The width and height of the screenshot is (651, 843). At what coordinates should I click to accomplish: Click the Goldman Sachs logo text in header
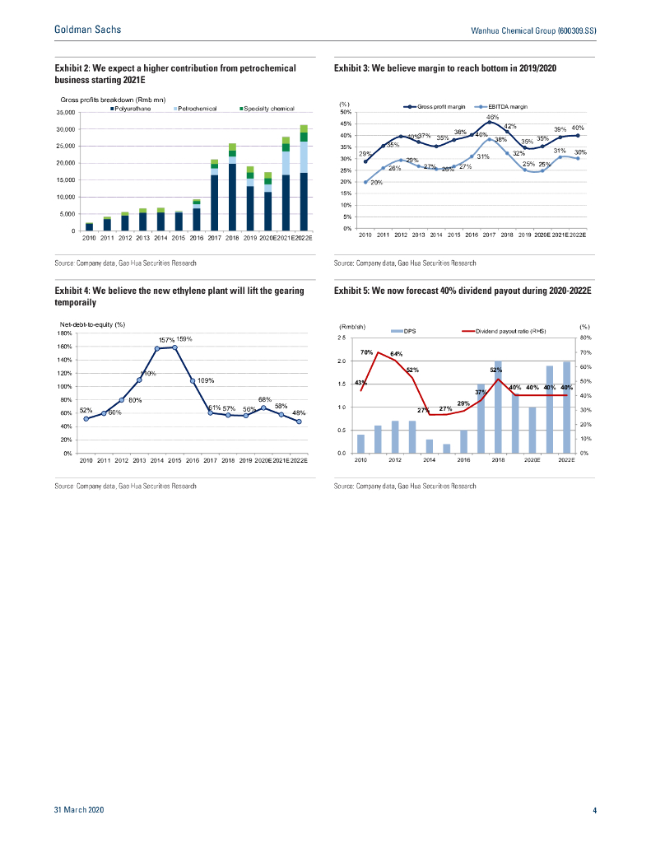pyautogui.click(x=87, y=30)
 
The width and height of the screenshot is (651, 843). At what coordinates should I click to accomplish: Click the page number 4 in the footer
pyautogui.click(x=594, y=811)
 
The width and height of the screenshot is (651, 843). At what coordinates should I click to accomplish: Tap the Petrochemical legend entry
pyautogui.click(x=197, y=109)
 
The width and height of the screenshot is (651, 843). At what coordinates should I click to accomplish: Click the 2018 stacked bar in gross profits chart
pyautogui.click(x=232, y=187)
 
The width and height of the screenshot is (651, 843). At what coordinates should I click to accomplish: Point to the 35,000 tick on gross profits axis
pyautogui.click(x=66, y=112)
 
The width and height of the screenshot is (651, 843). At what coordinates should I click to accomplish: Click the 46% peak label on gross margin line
pyautogui.click(x=493, y=118)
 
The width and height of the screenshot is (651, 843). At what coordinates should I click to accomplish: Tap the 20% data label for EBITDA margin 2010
pyautogui.click(x=376, y=183)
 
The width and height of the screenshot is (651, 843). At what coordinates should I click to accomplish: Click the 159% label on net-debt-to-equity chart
pyautogui.click(x=184, y=338)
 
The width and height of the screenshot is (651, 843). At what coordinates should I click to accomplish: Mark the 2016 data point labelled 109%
pyautogui.click(x=193, y=381)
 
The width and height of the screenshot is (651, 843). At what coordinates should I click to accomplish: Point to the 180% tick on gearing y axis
pyautogui.click(x=64, y=333)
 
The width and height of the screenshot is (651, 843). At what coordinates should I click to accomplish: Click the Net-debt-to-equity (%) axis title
pyautogui.click(x=91, y=326)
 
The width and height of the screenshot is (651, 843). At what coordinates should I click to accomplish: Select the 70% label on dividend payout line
pyautogui.click(x=367, y=352)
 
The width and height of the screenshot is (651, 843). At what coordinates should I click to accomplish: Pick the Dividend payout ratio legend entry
pyautogui.click(x=510, y=331)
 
